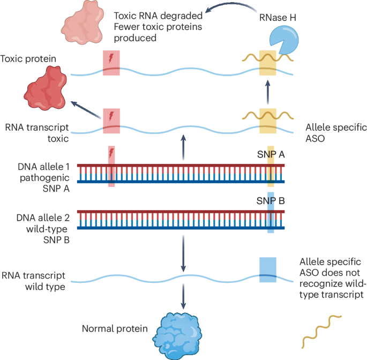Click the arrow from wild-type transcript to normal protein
click(183, 294)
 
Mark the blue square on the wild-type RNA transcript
click(268, 269)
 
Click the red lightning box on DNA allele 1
click(111, 166)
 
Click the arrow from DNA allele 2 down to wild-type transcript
click(183, 252)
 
